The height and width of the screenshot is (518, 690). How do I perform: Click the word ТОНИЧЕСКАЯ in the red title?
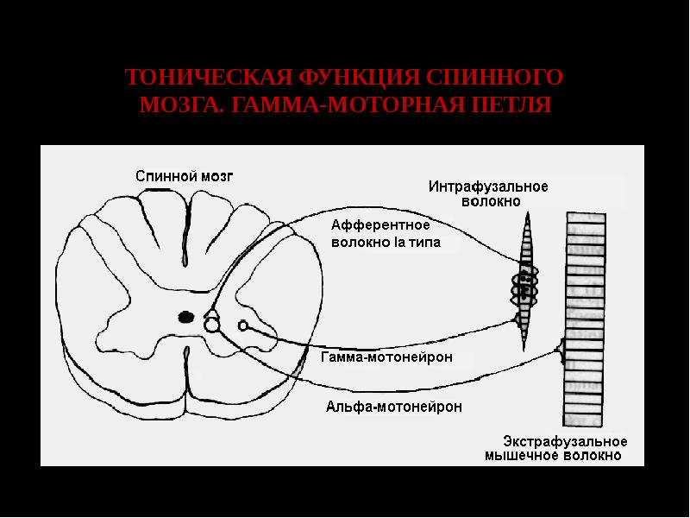click(x=209, y=77)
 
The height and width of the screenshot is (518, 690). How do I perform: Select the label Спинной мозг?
click(x=184, y=176)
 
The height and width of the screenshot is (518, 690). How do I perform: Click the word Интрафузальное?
click(x=488, y=186)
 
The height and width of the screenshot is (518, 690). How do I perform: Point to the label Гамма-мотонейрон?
click(x=386, y=357)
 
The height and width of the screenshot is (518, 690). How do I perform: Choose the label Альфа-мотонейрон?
click(x=394, y=406)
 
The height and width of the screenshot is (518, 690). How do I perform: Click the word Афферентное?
click(x=380, y=225)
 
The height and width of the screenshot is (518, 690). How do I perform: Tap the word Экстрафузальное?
click(x=565, y=441)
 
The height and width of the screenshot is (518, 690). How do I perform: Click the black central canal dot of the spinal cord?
click(x=186, y=317)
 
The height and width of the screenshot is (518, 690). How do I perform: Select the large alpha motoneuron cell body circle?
click(x=211, y=325)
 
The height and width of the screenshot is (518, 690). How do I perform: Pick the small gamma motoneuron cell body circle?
click(x=243, y=326)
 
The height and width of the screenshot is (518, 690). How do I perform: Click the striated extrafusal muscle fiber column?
click(x=585, y=319)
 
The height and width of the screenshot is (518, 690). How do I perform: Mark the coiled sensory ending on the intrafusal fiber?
click(x=524, y=286)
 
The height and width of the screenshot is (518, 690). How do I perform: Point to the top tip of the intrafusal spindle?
click(x=527, y=212)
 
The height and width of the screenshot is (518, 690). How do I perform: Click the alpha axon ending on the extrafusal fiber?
click(x=562, y=351)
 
